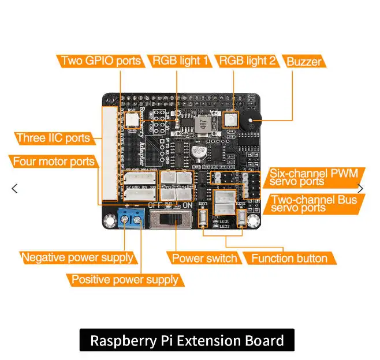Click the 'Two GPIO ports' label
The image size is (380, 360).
100,61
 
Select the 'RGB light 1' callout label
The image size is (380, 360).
180,61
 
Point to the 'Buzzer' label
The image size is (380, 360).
304,62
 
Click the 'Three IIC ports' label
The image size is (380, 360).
53,138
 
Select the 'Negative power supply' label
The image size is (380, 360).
77,257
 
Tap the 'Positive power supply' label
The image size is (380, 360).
124,280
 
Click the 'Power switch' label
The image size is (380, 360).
204,258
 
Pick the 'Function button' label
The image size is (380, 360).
289,258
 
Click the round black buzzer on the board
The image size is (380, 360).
252,121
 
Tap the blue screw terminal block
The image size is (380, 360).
130,219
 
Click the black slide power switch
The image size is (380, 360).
172,219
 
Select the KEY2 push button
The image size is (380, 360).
241,217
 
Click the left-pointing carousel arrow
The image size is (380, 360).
15,188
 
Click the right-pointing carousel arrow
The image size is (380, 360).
360,188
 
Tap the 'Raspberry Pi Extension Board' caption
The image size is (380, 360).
187,340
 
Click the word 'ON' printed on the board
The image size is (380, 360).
188,205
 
